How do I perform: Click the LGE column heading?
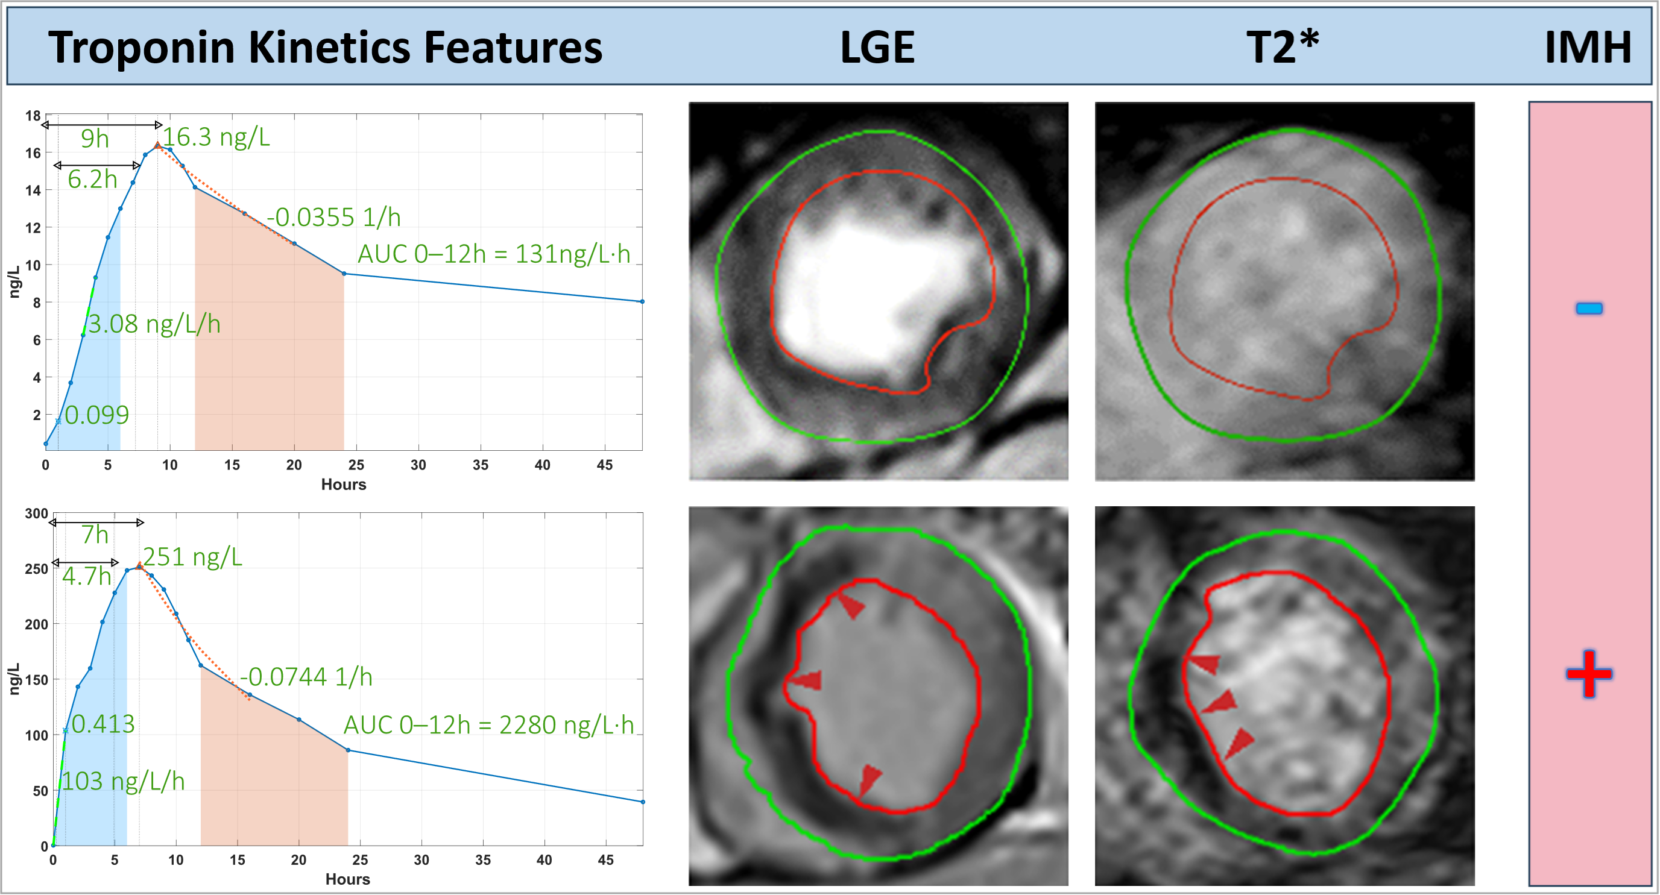(877, 47)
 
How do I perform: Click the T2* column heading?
(1282, 47)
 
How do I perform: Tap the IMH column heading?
(1587, 47)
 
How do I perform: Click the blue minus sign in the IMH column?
(1588, 309)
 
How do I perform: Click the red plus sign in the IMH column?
(1588, 673)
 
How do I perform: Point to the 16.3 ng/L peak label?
(216, 137)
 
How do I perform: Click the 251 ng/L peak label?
(192, 557)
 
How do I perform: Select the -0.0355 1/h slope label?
(334, 218)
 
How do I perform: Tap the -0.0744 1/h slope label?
(306, 677)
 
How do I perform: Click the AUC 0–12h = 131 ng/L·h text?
(494, 254)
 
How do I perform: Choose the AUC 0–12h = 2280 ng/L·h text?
(488, 725)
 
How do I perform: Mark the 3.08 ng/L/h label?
(154, 324)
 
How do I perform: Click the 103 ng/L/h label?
(123, 781)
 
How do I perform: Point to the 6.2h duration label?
(92, 180)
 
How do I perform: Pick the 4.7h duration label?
(86, 576)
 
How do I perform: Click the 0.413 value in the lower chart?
(103, 724)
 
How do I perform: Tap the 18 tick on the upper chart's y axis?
(33, 116)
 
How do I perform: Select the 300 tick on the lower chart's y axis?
(36, 514)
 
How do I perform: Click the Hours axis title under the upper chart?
(344, 485)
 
